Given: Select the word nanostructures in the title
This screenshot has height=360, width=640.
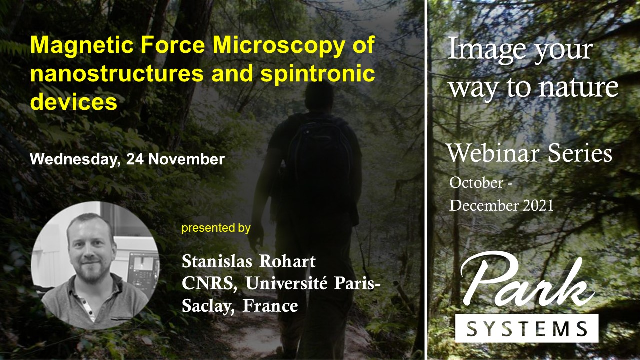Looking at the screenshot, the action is pos(117,73).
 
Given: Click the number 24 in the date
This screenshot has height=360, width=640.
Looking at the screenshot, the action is pos(135,159).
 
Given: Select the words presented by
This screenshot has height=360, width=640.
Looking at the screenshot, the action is pos(216,228).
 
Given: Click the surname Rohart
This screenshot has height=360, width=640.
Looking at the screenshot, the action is pos(287,261).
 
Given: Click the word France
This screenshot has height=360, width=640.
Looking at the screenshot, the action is pos(270,306).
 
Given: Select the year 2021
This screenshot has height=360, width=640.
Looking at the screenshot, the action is pos(538,205).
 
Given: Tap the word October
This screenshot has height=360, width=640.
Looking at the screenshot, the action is pos(476,183).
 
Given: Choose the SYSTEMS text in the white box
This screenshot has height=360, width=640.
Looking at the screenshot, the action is pos(527,328).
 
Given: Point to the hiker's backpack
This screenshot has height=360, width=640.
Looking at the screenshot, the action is pos(320,152).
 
